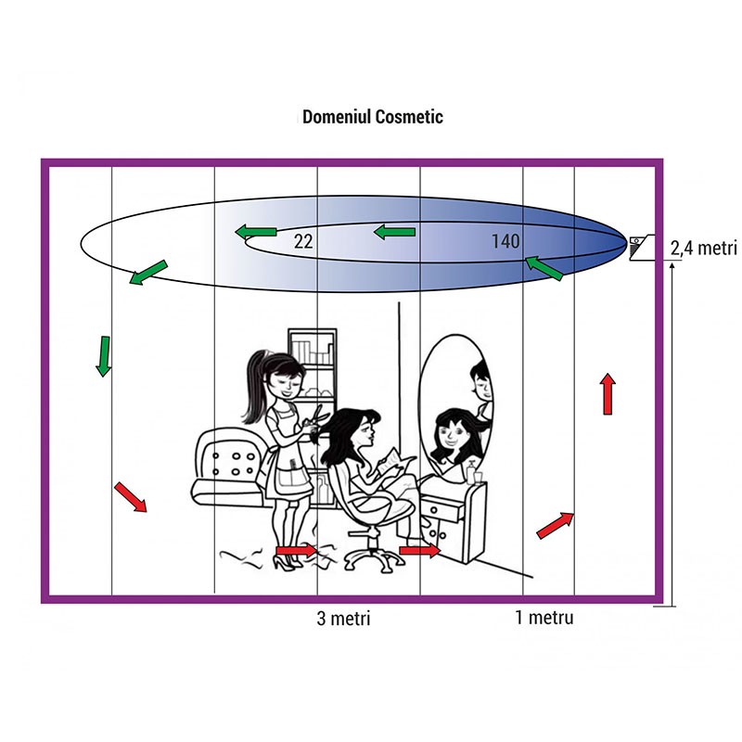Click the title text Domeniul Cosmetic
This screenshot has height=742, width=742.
click(x=373, y=117)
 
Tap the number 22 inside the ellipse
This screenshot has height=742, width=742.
click(x=302, y=241)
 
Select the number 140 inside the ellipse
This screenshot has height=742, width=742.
click(x=505, y=241)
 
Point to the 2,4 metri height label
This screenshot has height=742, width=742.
click(x=702, y=248)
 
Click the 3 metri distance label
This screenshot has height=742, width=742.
click(x=343, y=618)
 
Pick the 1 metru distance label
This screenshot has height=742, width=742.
click(x=544, y=617)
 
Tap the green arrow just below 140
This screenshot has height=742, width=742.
click(x=544, y=268)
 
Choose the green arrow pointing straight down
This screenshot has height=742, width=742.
click(x=104, y=356)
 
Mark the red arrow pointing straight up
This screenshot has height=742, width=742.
click(x=608, y=393)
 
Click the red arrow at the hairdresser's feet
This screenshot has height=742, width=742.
click(x=297, y=552)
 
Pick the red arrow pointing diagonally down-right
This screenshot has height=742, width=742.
click(x=131, y=496)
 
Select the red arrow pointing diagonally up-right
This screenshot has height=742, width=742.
click(x=556, y=525)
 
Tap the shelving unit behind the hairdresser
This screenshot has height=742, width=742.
click(x=312, y=371)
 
